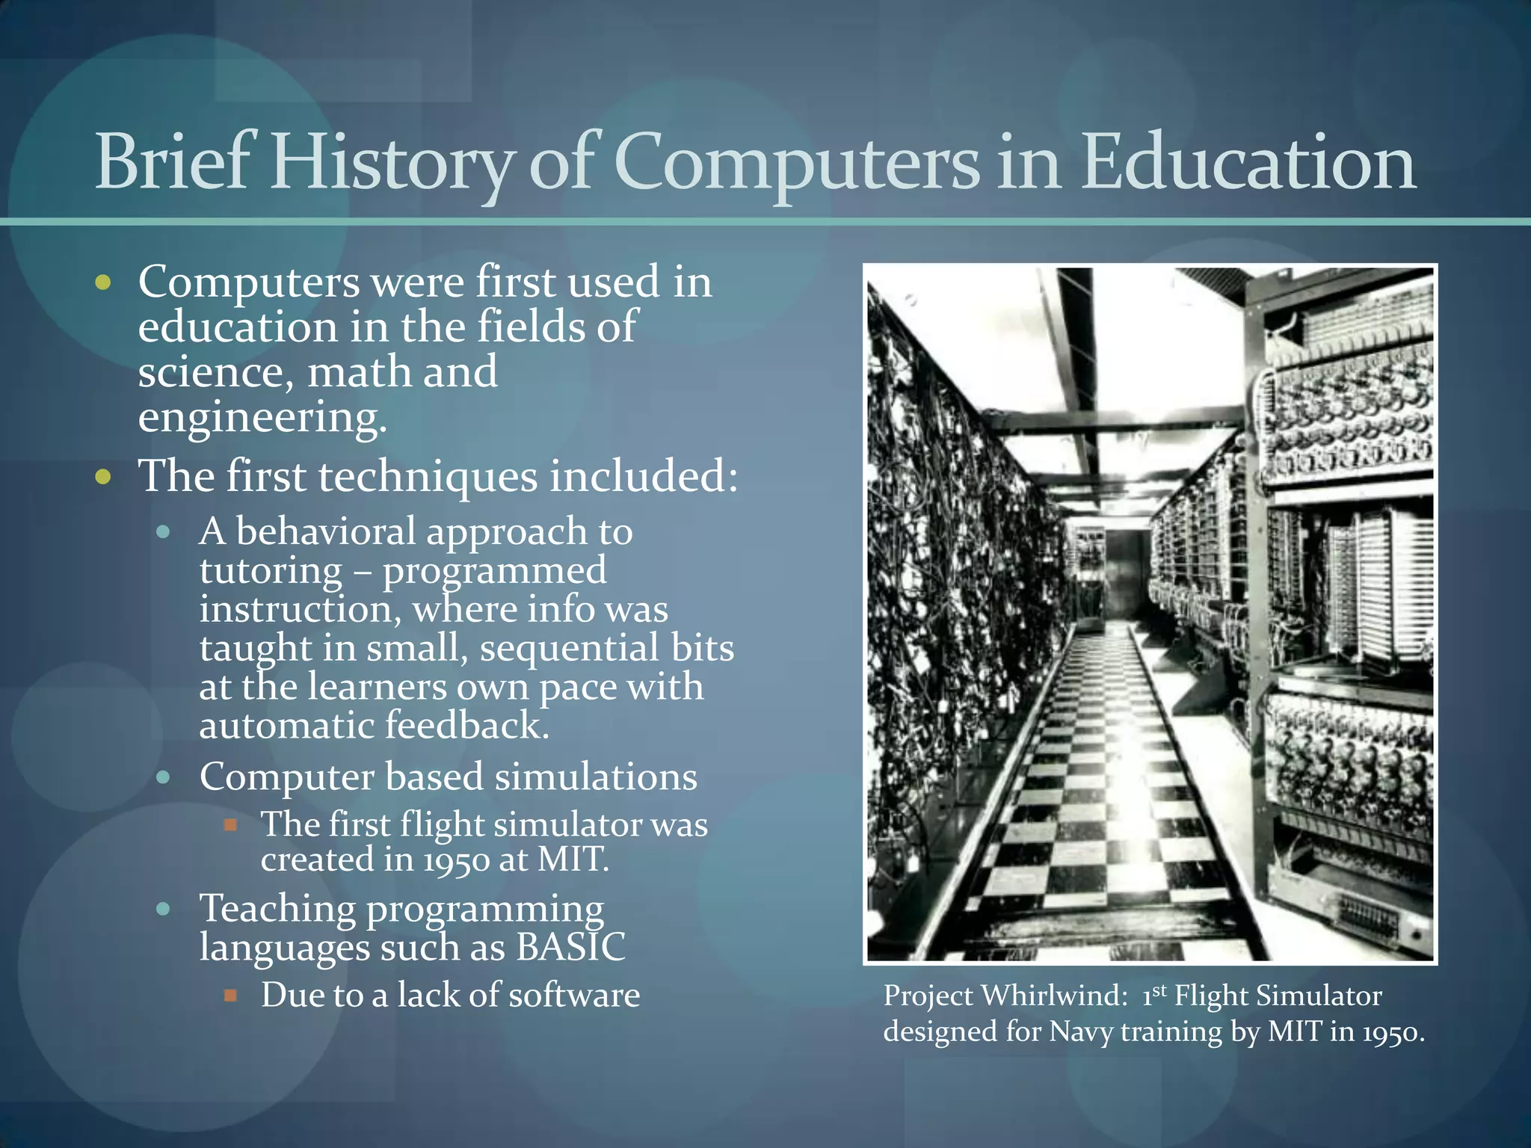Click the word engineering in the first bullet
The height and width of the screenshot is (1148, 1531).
coord(262,417)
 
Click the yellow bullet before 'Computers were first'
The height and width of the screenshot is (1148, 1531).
coord(103,283)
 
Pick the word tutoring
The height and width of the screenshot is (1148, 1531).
coord(271,570)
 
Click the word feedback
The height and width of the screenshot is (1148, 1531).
coord(467,725)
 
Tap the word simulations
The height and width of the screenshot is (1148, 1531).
coord(595,777)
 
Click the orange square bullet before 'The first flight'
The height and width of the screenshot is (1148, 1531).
coord(231,825)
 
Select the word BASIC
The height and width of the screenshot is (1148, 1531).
coord(570,947)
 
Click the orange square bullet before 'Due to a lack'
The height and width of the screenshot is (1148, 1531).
coord(231,996)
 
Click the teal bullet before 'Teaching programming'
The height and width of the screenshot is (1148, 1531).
coord(164,910)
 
